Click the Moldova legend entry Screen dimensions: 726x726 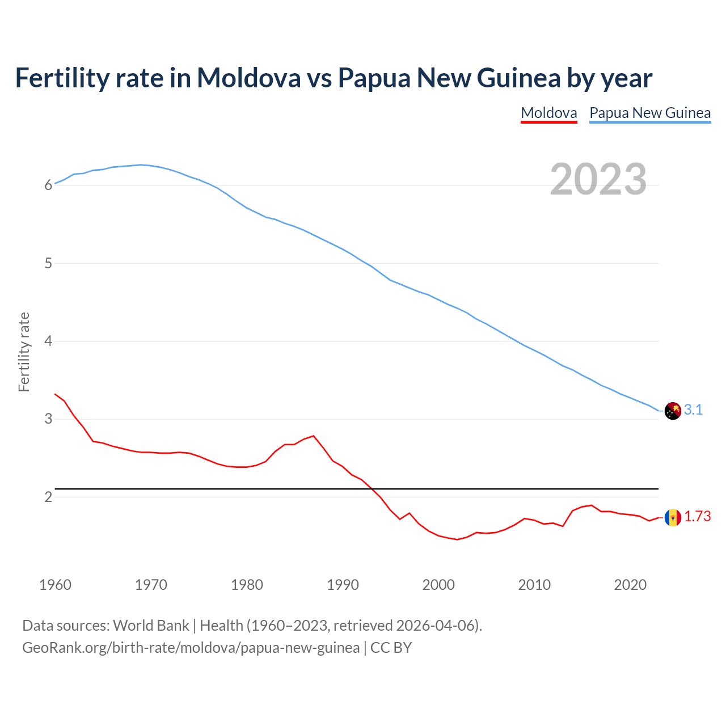[548, 113]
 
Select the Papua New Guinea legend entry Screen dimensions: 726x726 [650, 113]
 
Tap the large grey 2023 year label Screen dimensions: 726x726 [598, 179]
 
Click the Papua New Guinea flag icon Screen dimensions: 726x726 [673, 411]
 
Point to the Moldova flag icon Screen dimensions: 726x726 [673, 517]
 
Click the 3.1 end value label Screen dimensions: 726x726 [693, 410]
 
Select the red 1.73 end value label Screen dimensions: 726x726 [697, 517]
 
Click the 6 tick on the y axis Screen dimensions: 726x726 [48, 185]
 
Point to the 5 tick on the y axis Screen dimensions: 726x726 [48, 264]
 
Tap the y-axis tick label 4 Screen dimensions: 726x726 [48, 341]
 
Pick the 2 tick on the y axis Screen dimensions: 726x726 [48, 497]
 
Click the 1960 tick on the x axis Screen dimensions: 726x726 [55, 585]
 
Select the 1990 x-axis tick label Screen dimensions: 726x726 [343, 585]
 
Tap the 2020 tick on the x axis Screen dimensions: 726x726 [630, 585]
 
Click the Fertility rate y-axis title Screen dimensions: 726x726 [24, 352]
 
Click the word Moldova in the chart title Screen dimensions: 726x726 [248, 78]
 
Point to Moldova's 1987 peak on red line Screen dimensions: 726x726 [314, 436]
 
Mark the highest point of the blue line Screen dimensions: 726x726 [141, 165]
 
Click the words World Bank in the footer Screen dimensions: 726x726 [151, 626]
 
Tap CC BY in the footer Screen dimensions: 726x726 [391, 648]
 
